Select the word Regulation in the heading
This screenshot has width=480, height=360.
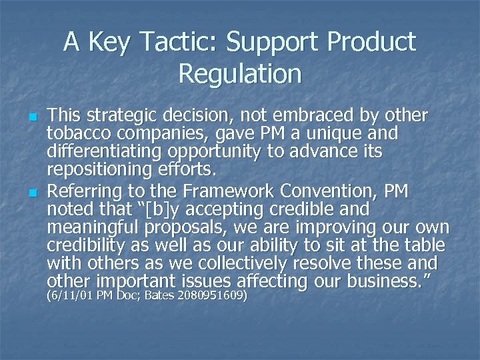pos(240,73)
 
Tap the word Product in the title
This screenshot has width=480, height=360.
pos(369,43)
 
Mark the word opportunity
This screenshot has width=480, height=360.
pos(223,153)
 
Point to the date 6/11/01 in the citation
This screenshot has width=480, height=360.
pos(69,295)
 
